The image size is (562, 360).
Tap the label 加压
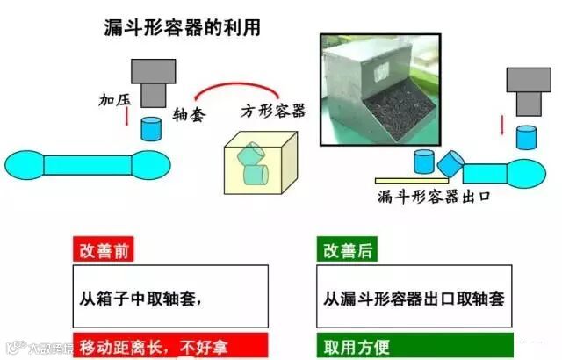pos(115,100)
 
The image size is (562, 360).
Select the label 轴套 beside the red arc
pos(189,115)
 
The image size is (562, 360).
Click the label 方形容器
pos(273,111)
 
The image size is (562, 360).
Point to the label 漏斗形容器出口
pos(433,195)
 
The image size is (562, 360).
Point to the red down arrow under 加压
pos(127,126)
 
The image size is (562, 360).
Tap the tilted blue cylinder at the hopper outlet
pos(450,162)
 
